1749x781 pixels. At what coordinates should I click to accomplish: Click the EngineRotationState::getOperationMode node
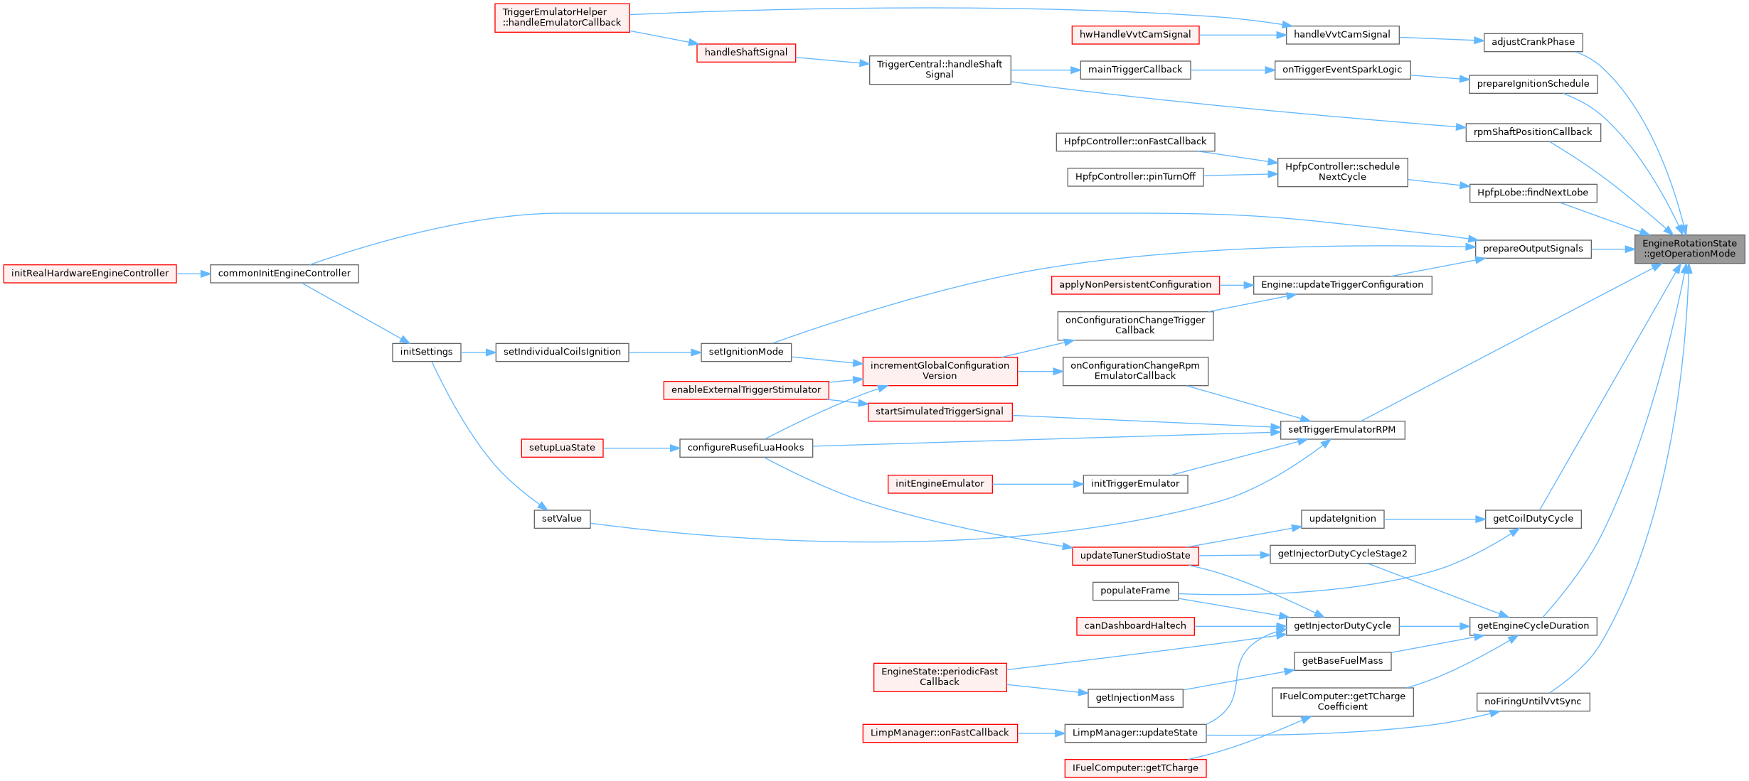pos(1689,249)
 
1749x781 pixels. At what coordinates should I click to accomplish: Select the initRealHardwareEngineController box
pos(90,274)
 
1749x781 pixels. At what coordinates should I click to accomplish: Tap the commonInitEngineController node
pos(284,274)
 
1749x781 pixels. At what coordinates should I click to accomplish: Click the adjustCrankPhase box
pos(1533,42)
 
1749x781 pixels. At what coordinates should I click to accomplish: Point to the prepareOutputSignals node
pos(1533,249)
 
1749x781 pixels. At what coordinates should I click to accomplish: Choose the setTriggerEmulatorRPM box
pos(1341,430)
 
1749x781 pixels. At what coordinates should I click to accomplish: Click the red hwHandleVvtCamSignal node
pos(1135,35)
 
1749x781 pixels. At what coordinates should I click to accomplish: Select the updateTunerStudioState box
pos(1134,556)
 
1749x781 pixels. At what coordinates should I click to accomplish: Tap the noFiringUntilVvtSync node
pos(1533,701)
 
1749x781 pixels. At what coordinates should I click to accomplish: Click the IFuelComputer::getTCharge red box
pos(1134,768)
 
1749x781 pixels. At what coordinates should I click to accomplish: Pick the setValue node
pos(562,519)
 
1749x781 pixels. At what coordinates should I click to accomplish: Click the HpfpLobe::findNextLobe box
pos(1532,193)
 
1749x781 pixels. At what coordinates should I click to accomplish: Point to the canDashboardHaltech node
pos(1134,626)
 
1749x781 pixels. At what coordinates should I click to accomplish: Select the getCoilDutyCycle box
pos(1533,519)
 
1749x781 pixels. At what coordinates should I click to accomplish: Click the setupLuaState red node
pos(562,448)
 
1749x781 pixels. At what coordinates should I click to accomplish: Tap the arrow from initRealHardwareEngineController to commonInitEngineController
pos(193,274)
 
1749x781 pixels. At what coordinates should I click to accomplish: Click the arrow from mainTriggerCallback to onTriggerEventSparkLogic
pos(1232,70)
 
